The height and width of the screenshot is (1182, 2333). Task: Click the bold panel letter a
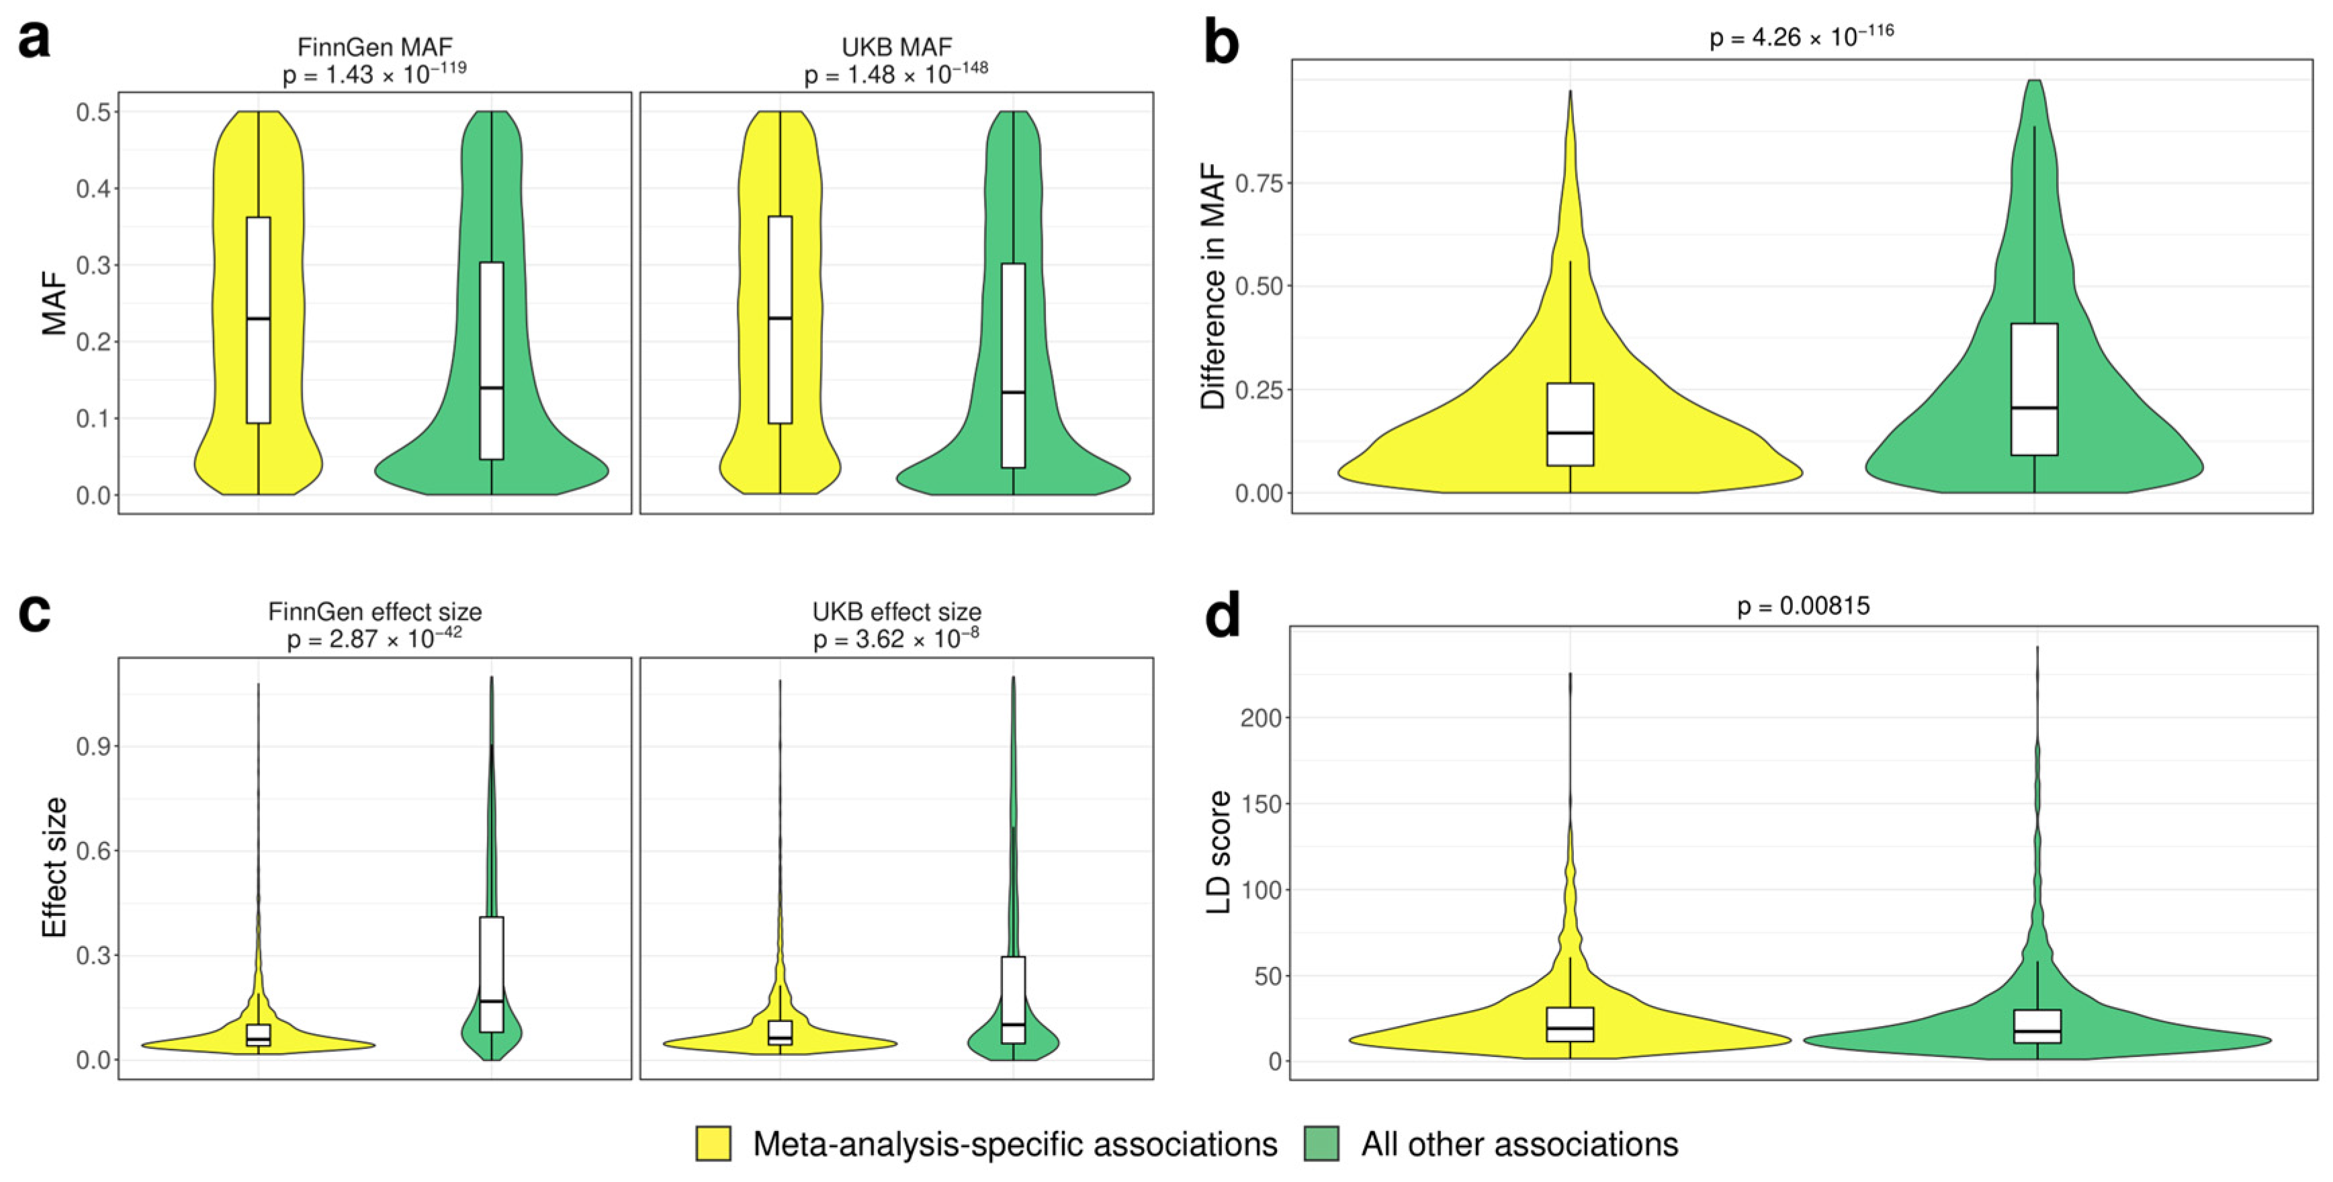tap(34, 41)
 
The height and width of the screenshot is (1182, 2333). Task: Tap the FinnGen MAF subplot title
tap(374, 46)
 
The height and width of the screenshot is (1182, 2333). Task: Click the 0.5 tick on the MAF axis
tap(93, 112)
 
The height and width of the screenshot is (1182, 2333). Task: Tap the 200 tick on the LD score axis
tap(1261, 718)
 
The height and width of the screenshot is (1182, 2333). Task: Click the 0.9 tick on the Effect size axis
tap(93, 747)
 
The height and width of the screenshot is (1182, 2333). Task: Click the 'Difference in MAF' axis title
tap(1212, 286)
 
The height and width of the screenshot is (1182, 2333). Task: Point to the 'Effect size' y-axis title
tap(54, 867)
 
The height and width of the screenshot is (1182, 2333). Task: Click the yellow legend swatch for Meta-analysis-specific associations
tap(713, 1144)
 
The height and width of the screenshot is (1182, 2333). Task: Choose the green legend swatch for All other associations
tap(1321, 1144)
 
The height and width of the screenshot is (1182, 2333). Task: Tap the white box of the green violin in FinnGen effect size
tap(492, 973)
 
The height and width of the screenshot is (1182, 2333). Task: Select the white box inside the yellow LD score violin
tap(1569, 1023)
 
